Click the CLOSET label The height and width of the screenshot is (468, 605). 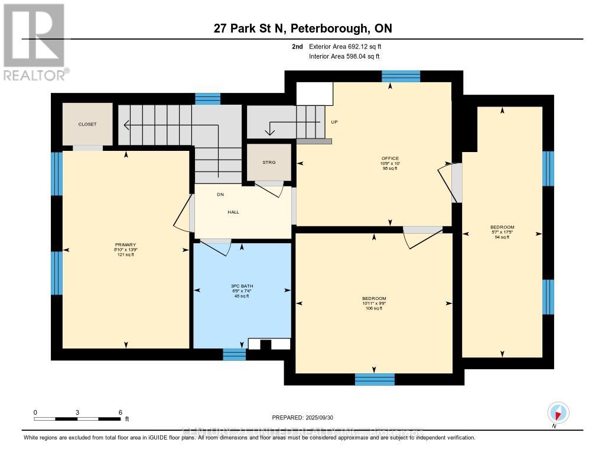coord(87,124)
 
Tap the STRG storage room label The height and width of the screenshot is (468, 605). coord(269,162)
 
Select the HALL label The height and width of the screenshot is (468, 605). coord(233,212)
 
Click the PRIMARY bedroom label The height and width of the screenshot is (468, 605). coord(126,245)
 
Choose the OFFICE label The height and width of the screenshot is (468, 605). coord(390,159)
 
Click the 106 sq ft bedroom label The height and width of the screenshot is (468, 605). coord(374,298)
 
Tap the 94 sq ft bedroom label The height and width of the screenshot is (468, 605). coord(502,227)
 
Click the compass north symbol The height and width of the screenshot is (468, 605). coord(558,412)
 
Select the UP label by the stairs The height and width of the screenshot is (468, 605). coord(334,122)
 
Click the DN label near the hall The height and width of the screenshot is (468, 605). coord(203,195)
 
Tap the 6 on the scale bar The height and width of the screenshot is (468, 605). coord(121,412)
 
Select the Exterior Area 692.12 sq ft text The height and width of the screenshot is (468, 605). coord(349,46)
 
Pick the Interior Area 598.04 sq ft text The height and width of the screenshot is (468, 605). coord(344,57)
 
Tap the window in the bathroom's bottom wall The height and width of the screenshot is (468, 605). coord(234,354)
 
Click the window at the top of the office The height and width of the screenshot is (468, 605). coord(401,76)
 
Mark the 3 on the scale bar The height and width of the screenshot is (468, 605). coord(77,412)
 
